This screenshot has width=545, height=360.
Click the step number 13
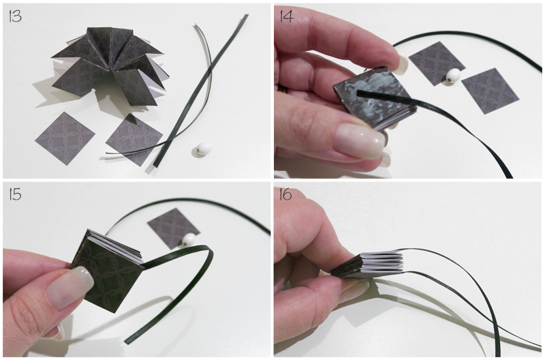click(15, 16)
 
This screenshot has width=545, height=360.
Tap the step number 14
click(286, 16)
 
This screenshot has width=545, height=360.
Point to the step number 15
click(15, 194)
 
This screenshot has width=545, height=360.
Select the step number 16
click(285, 194)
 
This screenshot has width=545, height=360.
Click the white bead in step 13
click(202, 149)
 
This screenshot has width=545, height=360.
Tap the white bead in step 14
click(454, 76)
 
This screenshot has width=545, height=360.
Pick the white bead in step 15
click(189, 240)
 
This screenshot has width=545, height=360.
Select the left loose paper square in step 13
click(65, 138)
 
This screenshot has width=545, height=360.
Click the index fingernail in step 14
click(401, 65)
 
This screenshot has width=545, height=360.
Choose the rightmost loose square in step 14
click(490, 91)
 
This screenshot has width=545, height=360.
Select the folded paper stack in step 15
click(108, 268)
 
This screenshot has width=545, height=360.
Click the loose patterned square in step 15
click(173, 228)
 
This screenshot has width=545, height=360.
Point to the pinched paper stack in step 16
click(368, 265)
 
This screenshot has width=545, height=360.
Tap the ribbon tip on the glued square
click(358, 92)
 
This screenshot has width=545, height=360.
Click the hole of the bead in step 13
click(199, 151)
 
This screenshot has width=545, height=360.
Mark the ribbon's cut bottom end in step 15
click(127, 341)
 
